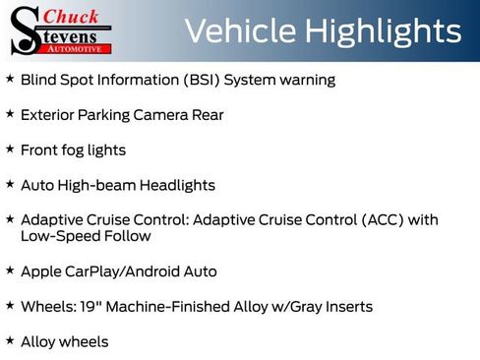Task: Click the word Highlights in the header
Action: pos(383,31)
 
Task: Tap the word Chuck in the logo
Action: pos(70,16)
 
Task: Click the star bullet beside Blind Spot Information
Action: pos(10,78)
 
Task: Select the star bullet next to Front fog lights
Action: pos(10,149)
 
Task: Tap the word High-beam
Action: pos(95,185)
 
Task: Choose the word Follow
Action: pos(126,236)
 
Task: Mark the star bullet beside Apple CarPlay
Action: pos(10,269)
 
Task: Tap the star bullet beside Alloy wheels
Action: pos(10,339)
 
